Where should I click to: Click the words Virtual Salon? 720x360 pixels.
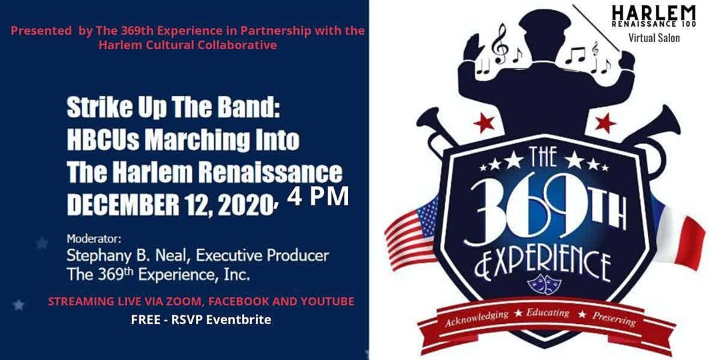(654, 37)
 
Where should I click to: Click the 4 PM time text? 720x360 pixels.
(318, 196)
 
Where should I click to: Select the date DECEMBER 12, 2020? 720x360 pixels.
(171, 207)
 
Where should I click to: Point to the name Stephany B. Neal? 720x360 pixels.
(125, 255)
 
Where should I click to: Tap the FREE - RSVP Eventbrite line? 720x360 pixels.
(201, 319)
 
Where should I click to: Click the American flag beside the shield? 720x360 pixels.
(411, 234)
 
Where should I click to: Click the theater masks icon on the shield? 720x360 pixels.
(544, 283)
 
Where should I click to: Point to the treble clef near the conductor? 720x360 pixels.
(500, 43)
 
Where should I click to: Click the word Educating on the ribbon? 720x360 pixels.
(547, 313)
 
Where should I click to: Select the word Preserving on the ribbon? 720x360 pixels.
(614, 319)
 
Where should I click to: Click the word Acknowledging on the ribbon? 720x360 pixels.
(476, 318)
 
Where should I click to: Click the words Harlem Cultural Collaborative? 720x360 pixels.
(187, 45)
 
